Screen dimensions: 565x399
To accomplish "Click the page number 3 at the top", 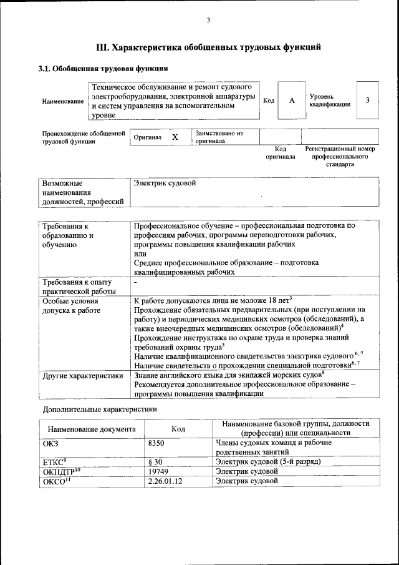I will coord(208,21).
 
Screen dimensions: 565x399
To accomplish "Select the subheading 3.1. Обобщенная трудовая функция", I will coord(103,68).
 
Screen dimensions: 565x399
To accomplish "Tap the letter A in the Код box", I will coord(291,101).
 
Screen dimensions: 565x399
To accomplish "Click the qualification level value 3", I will coord(368,101).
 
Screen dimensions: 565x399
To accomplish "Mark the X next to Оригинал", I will coord(175,137).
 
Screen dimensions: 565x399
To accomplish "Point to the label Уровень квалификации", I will coord(329,101).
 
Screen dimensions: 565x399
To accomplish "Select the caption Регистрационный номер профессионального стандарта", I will coord(340,157).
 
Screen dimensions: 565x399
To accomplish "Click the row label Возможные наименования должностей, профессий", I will coord(82,192).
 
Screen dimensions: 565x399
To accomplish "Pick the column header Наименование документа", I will coord(91,430).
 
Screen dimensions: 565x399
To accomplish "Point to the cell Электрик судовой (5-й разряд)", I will coord(268,461).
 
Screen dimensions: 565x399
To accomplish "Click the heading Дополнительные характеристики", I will coord(99,410).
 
